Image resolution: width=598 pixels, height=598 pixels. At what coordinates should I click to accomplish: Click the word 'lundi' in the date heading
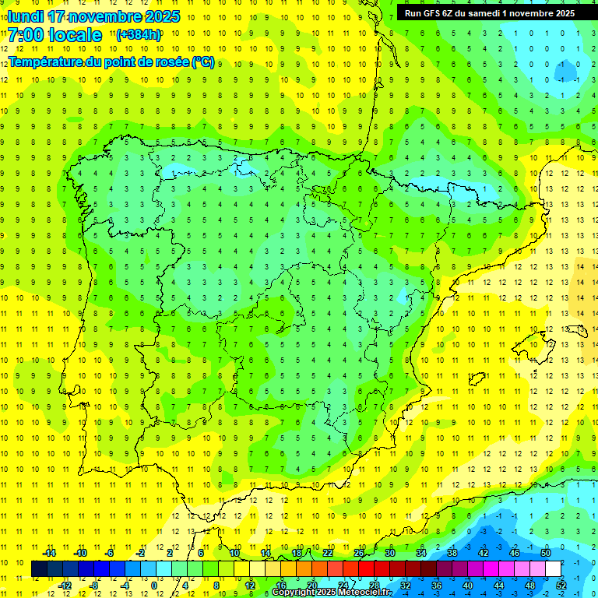pyautogui.click(x=25, y=16)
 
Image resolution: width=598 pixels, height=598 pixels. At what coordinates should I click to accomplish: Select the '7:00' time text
pyautogui.click(x=25, y=35)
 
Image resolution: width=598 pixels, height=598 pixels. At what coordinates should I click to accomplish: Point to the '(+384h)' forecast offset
pyautogui.click(x=139, y=34)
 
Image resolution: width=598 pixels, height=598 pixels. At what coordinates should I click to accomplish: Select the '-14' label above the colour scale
pyautogui.click(x=48, y=553)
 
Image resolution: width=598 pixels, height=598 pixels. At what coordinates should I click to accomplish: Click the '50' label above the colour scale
pyautogui.click(x=545, y=553)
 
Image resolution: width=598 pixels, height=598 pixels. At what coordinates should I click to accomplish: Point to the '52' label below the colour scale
pyautogui.click(x=561, y=586)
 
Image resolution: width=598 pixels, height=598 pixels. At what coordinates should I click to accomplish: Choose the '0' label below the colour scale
pyautogui.click(x=154, y=586)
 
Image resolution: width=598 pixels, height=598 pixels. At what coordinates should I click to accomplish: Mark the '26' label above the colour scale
pyautogui.click(x=359, y=553)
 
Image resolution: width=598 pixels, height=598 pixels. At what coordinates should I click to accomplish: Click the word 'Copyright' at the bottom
pyautogui.click(x=293, y=593)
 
